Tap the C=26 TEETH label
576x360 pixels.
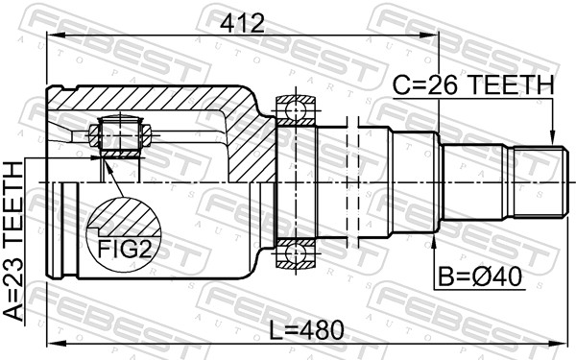(x=473, y=85)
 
